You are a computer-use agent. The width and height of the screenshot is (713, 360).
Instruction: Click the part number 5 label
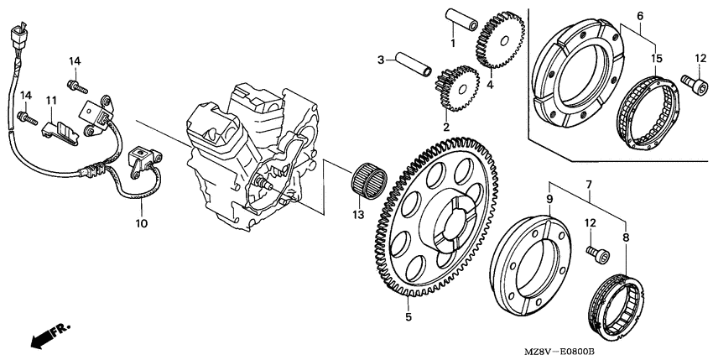[x=409, y=317]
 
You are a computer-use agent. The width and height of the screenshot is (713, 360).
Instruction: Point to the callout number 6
[x=639, y=16]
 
